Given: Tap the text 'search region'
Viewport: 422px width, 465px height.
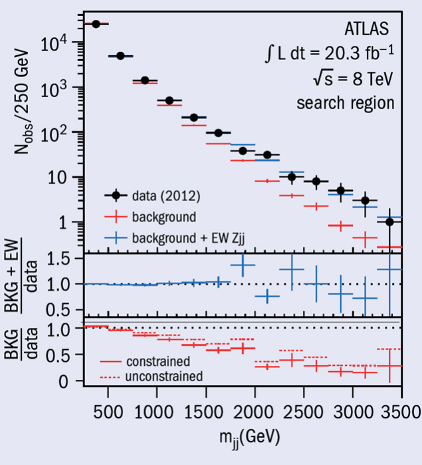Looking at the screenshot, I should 346,103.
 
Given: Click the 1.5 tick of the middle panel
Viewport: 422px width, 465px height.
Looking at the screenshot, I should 60,260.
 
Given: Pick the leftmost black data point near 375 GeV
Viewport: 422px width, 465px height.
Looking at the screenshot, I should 96,24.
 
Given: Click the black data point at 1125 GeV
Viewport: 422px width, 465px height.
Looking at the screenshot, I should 169,100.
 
